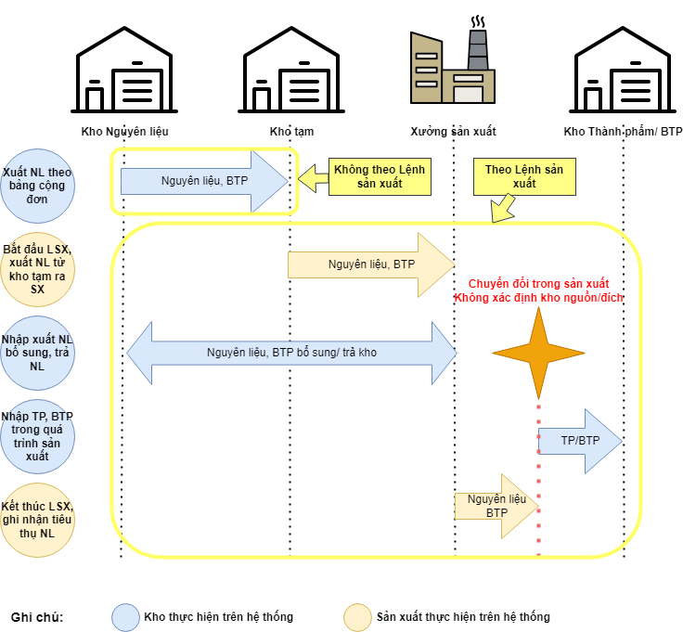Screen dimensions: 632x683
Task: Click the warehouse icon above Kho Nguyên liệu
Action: (x=123, y=70)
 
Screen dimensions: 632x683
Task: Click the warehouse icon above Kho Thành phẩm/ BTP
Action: (x=623, y=70)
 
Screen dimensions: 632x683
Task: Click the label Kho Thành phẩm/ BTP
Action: (x=623, y=132)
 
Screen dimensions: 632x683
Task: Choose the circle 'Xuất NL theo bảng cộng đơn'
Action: (x=37, y=186)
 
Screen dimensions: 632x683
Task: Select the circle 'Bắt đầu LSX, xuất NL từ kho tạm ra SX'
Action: (x=37, y=269)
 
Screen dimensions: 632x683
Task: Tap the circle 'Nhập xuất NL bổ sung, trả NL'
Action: (x=37, y=353)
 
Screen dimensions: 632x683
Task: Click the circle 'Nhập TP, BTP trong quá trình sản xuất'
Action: (x=37, y=436)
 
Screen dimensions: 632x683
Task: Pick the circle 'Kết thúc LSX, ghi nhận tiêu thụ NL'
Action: (x=37, y=520)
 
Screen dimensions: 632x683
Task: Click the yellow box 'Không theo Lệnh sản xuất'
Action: (x=380, y=176)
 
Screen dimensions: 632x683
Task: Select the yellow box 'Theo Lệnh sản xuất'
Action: (x=524, y=176)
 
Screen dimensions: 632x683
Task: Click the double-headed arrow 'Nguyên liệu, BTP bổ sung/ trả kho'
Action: (x=291, y=353)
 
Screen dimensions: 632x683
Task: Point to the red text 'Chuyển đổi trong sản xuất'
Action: (x=538, y=283)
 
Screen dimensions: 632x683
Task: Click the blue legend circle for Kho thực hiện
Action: (x=125, y=617)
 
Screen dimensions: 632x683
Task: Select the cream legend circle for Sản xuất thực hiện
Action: (x=357, y=617)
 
